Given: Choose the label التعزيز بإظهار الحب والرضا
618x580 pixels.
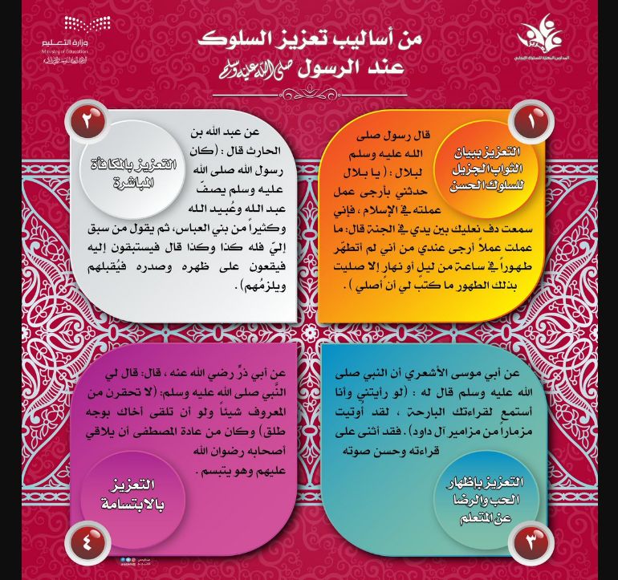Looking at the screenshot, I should (486, 491).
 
